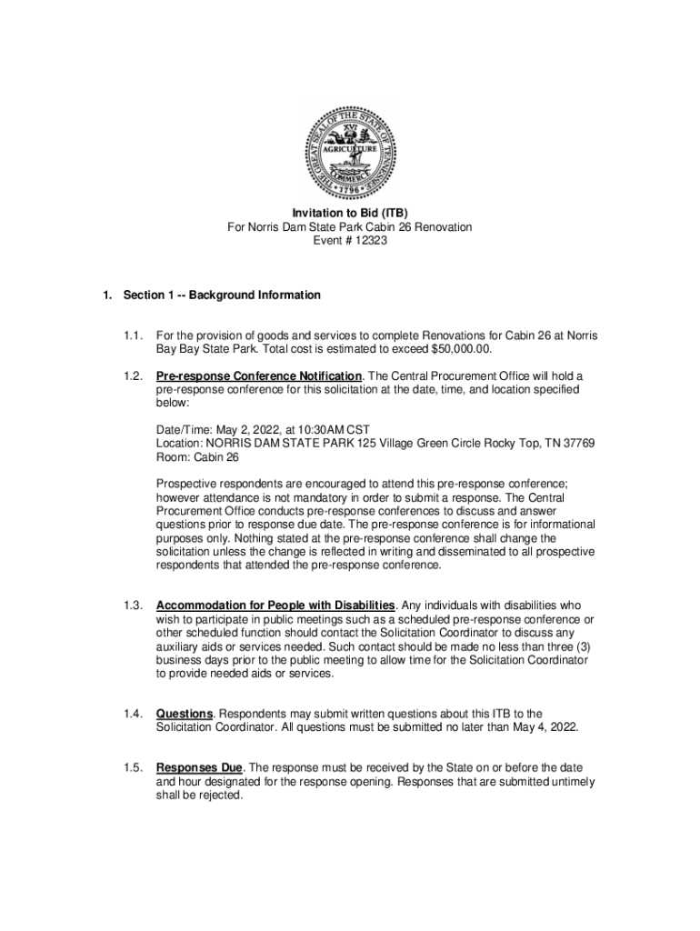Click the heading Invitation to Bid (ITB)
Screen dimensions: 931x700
point(349,213)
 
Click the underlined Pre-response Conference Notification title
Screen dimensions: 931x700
point(259,376)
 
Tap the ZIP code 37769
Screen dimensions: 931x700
point(577,444)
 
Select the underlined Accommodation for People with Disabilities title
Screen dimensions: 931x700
point(275,606)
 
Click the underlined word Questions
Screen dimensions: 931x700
point(185,715)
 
